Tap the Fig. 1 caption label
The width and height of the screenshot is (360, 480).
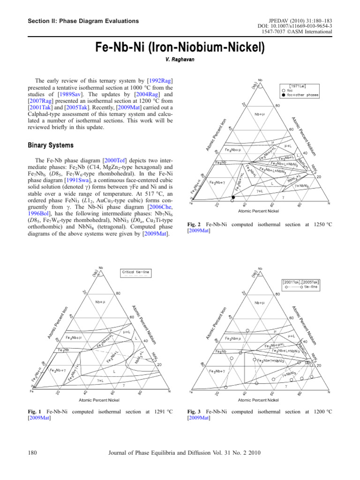[x=36, y=412]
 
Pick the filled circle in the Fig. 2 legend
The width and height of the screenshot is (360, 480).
[x=283, y=95]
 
